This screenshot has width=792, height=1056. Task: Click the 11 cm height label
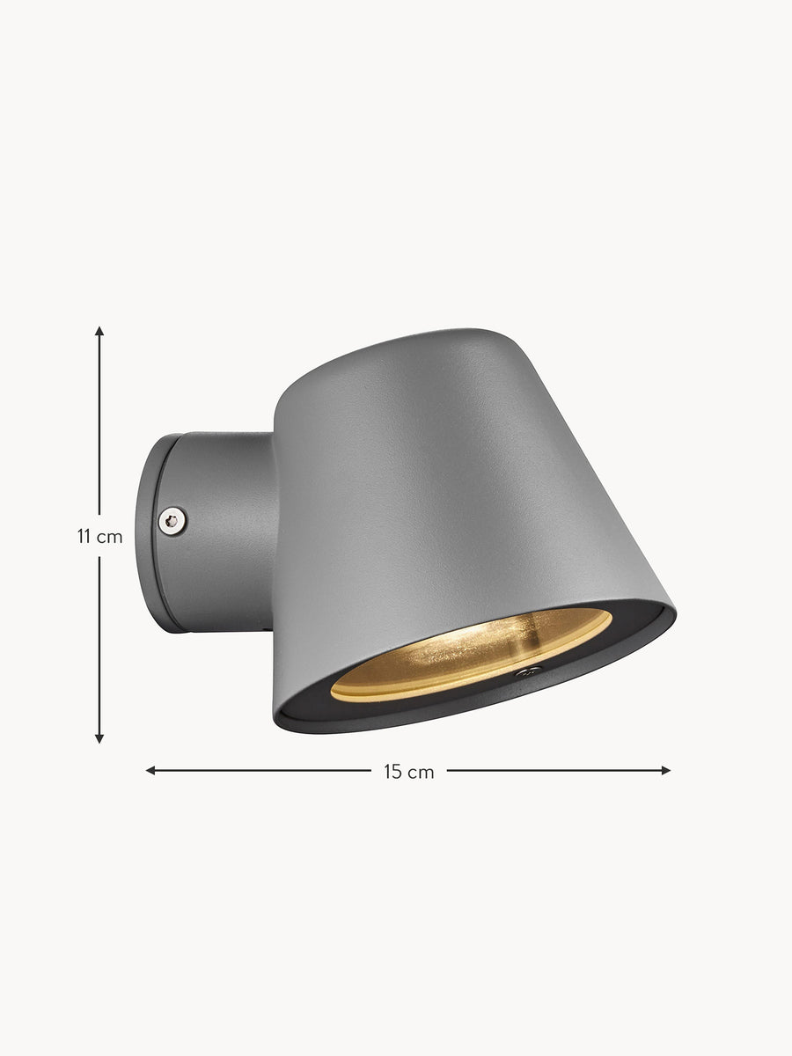[100, 537]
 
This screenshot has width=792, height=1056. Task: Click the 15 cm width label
[408, 772]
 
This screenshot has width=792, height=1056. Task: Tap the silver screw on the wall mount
[172, 521]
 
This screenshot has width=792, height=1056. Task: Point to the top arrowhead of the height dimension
[99, 331]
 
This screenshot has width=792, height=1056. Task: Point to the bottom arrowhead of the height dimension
[99, 738]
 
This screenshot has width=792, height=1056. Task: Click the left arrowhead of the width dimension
[150, 771]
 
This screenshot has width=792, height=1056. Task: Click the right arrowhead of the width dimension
[665, 771]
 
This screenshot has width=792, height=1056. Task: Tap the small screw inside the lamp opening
[528, 671]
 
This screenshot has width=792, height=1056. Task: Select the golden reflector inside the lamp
[472, 653]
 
